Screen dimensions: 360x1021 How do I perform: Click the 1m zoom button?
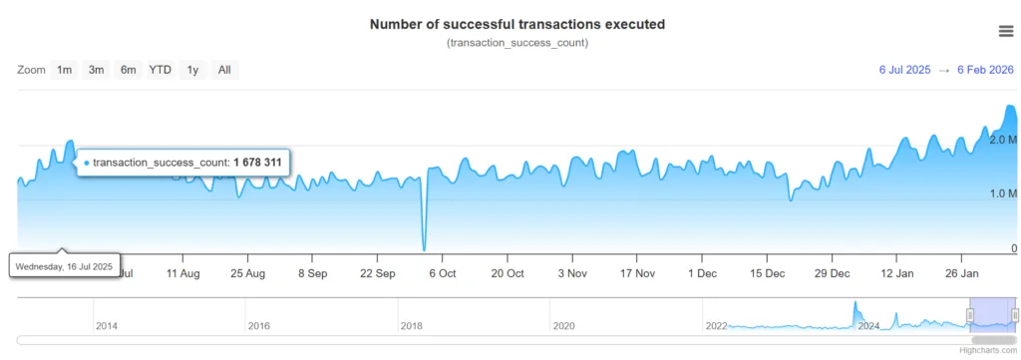[x=64, y=70]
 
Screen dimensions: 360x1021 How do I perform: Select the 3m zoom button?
[x=96, y=70]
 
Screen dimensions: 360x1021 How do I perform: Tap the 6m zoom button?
[x=129, y=70]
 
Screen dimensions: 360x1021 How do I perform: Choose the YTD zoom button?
[x=161, y=70]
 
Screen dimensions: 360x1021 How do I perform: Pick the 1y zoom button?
[x=193, y=70]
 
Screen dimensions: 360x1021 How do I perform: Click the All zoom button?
[x=224, y=70]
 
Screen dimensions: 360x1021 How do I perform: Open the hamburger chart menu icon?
[x=1006, y=31]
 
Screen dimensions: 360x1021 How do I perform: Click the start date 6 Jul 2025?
[x=904, y=70]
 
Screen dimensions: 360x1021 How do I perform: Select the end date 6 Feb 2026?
[x=986, y=70]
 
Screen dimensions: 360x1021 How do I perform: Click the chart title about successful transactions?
[x=516, y=23]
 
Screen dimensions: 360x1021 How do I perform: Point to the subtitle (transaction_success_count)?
[x=516, y=43]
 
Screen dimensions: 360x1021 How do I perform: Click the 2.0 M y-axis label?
[x=1002, y=141]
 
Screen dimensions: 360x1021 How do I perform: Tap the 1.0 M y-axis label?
[x=1002, y=193]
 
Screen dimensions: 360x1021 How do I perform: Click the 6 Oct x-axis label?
[x=442, y=273]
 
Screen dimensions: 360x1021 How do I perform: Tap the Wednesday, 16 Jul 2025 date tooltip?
[x=64, y=266]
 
